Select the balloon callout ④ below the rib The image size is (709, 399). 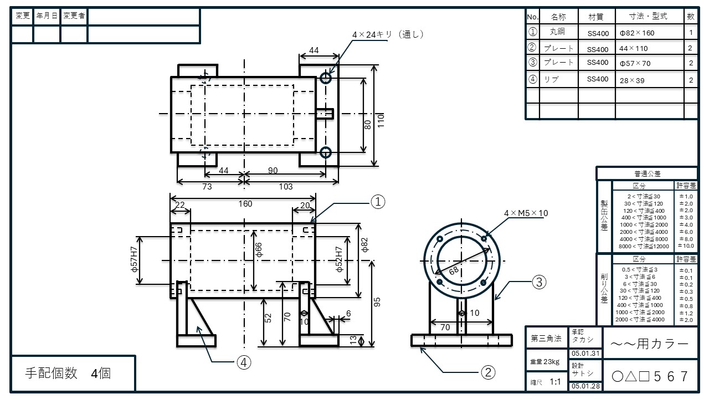244,362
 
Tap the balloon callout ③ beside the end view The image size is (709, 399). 540,282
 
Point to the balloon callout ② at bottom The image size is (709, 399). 487,372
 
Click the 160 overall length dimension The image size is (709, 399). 245,204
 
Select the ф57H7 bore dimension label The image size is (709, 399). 133,260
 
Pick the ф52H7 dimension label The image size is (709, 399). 339,260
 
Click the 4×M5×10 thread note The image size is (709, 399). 526,213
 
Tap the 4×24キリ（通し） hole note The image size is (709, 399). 388,34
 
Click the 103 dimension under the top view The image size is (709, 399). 285,187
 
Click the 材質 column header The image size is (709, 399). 597,17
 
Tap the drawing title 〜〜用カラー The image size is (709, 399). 649,344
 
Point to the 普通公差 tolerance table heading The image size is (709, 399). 646,173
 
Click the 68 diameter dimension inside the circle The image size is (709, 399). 454,271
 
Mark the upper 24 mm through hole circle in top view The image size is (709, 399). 326,78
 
